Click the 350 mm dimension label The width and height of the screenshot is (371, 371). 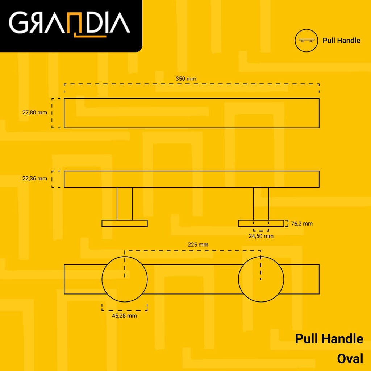[x=186, y=79]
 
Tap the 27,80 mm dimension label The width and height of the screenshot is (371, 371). [x=35, y=112]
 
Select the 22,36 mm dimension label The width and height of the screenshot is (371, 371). [x=35, y=178]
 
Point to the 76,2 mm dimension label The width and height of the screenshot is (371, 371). [x=302, y=224]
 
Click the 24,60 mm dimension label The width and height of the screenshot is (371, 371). [x=261, y=236]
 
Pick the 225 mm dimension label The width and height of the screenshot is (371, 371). [x=198, y=245]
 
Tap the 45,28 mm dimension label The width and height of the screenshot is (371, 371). [x=125, y=316]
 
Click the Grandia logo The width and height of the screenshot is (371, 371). [x=69, y=24]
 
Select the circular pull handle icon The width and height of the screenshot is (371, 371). [x=306, y=41]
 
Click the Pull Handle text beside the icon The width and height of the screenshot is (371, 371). [x=341, y=41]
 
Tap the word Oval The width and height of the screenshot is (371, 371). [x=350, y=359]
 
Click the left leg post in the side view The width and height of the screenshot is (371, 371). [x=125, y=204]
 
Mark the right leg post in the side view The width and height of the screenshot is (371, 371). [x=261, y=204]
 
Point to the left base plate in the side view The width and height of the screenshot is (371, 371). [x=125, y=223]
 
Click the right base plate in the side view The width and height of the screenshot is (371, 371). [x=261, y=223]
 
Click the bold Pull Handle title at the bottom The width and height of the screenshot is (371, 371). [x=329, y=339]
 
